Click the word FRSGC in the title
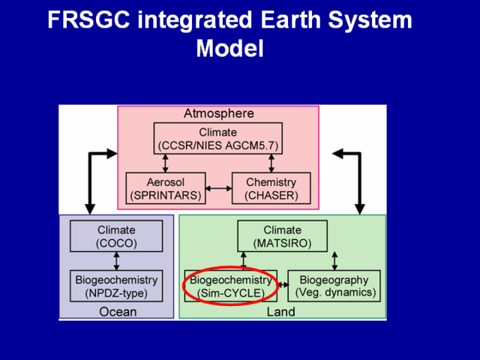click(89, 20)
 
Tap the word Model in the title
click(230, 48)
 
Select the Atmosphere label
click(219, 113)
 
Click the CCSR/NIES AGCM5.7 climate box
click(218, 138)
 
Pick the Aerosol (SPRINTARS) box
click(166, 188)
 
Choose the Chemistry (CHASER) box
click(271, 188)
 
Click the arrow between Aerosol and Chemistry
click(218, 188)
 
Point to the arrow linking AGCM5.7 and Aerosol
click(165, 163)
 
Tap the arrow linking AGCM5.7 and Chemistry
click(271, 163)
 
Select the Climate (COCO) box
click(116, 236)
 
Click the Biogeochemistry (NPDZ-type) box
click(116, 286)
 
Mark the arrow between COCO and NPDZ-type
click(116, 261)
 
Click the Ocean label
click(118, 312)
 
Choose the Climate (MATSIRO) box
click(282, 236)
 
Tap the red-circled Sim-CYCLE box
click(231, 286)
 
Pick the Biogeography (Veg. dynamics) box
click(334, 286)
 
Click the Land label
click(281, 312)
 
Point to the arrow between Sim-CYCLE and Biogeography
click(283, 285)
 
